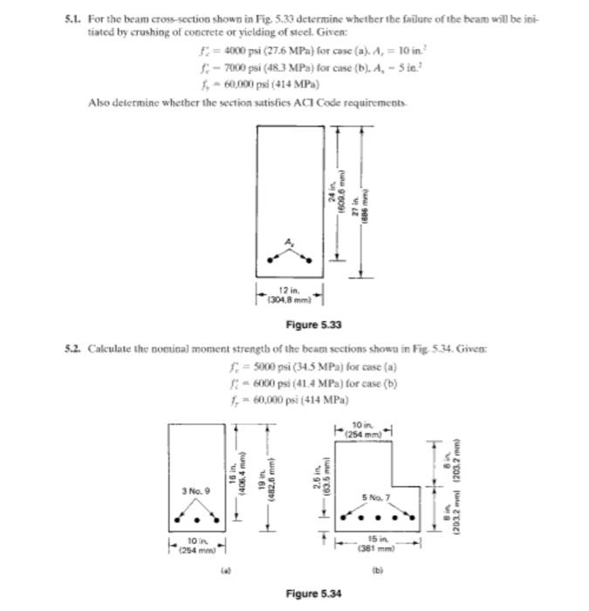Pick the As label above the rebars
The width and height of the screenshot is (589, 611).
click(x=289, y=241)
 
